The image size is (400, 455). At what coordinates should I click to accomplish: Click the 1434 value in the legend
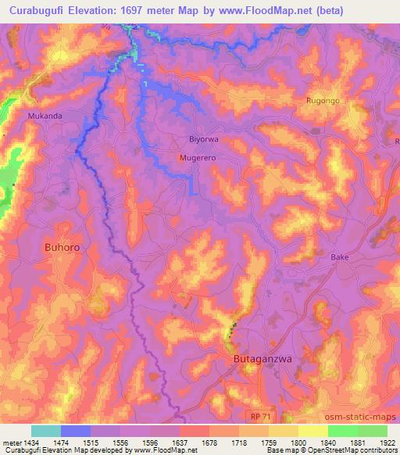point(32,442)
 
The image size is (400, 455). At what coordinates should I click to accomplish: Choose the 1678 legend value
point(209,442)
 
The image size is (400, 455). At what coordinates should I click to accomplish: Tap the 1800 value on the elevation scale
point(298,442)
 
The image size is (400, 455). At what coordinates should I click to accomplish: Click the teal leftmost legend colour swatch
point(46,431)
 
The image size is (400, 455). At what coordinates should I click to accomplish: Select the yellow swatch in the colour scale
point(312,431)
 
